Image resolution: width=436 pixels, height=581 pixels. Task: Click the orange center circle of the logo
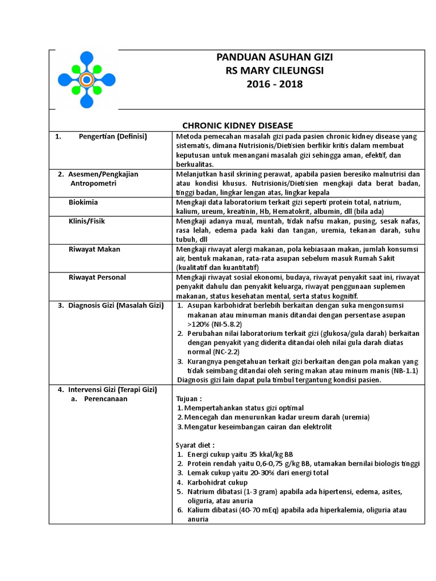[x=86, y=80]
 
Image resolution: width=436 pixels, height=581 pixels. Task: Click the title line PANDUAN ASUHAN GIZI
[x=275, y=57]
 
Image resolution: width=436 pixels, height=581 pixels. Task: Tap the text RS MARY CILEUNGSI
[x=275, y=71]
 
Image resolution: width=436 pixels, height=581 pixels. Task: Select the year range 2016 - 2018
[x=275, y=85]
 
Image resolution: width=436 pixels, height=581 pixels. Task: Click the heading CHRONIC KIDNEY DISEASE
[x=237, y=125]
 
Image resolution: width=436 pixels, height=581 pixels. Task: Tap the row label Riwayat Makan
[x=94, y=249]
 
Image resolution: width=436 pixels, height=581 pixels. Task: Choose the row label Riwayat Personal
[x=98, y=277]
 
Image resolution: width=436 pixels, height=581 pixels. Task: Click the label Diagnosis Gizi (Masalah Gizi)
[x=116, y=306]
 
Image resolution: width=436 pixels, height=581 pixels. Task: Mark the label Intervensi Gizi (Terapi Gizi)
[x=112, y=390]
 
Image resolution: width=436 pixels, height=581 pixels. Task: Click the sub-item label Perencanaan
[x=106, y=399]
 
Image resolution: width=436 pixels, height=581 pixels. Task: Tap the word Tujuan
[x=188, y=399]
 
